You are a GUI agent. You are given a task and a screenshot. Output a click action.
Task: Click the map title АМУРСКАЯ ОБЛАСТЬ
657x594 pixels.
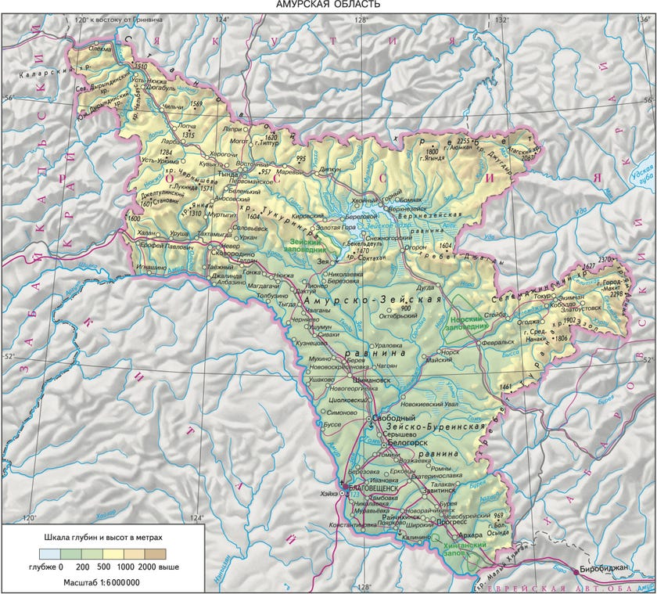click(329, 5)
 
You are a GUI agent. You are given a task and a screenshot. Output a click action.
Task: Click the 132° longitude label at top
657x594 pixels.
click(501, 20)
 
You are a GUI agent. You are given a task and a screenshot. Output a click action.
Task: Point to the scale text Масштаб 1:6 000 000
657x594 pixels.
click(102, 582)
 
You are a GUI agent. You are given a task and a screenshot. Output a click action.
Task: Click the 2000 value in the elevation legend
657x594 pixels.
click(145, 566)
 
